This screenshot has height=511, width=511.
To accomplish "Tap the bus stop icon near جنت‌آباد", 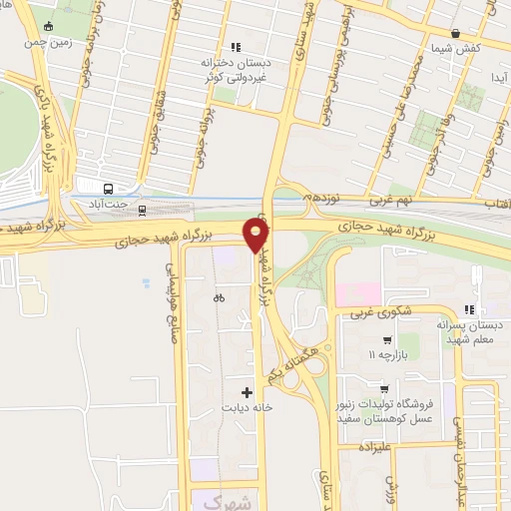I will pyautogui.click(x=107, y=189).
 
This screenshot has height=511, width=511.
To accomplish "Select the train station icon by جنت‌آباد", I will pyautogui.click(x=142, y=209).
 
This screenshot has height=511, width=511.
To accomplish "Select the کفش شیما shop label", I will pyautogui.click(x=457, y=49).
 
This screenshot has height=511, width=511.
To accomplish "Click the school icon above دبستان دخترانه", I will pyautogui.click(x=236, y=46).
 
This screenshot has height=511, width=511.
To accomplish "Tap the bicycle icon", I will pyautogui.click(x=219, y=297).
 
